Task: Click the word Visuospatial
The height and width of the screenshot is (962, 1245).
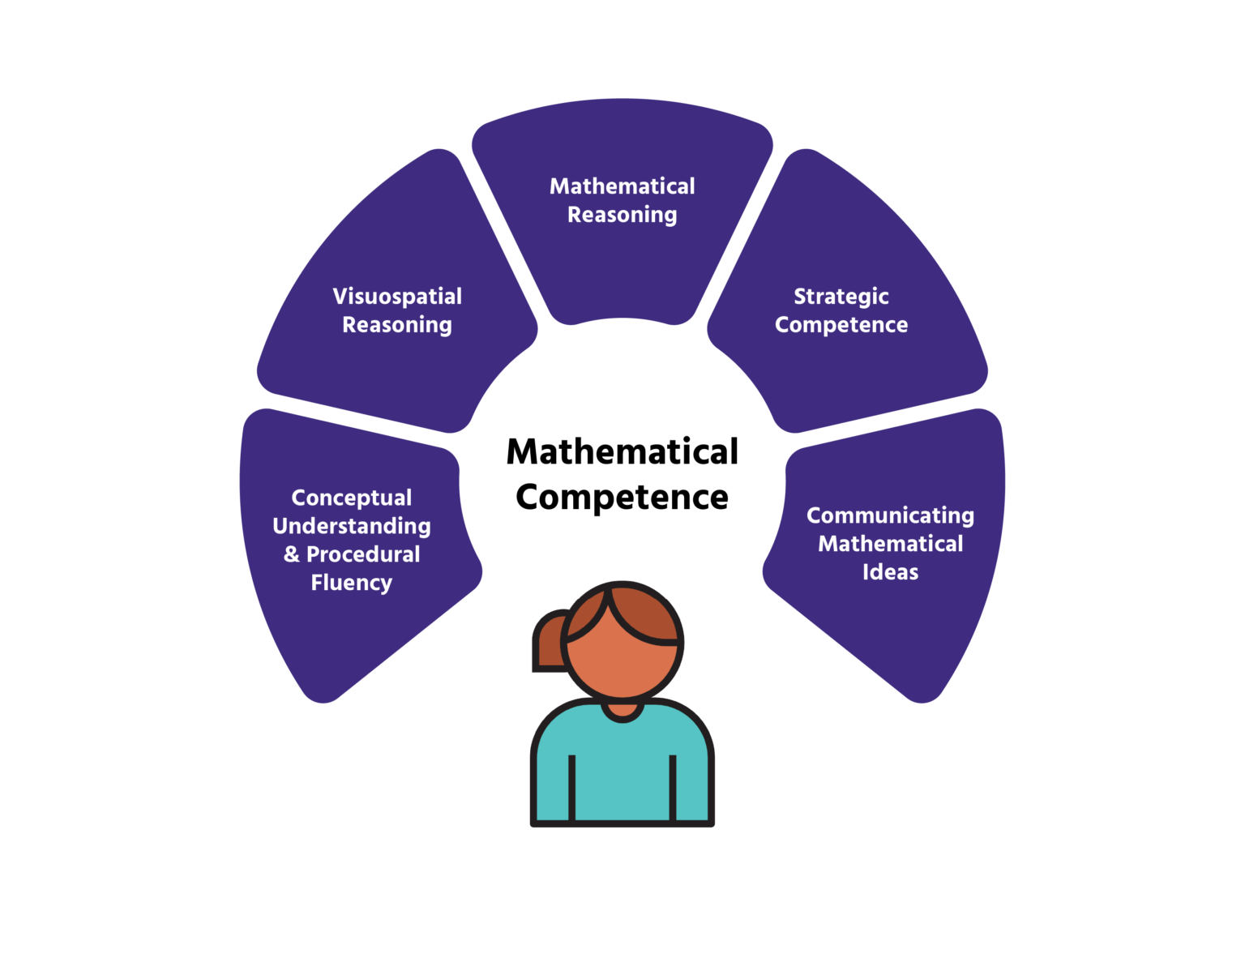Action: pyautogui.click(x=397, y=297)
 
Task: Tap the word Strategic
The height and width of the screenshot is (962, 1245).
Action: pyautogui.click(x=841, y=297)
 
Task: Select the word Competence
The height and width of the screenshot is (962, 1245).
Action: pyautogui.click(x=841, y=325)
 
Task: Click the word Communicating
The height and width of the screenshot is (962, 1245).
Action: pyautogui.click(x=890, y=516)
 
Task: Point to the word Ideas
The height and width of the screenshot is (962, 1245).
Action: pyautogui.click(x=890, y=572)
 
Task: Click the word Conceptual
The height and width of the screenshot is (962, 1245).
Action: pyautogui.click(x=351, y=498)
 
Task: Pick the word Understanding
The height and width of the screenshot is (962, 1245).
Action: pyautogui.click(x=351, y=526)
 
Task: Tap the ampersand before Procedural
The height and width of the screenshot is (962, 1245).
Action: pyautogui.click(x=292, y=554)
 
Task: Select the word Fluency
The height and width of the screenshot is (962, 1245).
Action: pyautogui.click(x=351, y=583)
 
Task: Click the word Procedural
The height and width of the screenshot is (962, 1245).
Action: pyautogui.click(x=363, y=554)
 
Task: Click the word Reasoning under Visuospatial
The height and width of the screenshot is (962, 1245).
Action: pyautogui.click(x=397, y=325)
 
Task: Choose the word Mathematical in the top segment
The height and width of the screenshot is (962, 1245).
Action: pyautogui.click(x=622, y=186)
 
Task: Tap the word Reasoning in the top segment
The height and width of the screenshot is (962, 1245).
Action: pyautogui.click(x=622, y=215)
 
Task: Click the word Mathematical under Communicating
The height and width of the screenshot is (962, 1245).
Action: pyautogui.click(x=890, y=544)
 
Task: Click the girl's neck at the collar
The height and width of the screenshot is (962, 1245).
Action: pyautogui.click(x=622, y=709)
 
